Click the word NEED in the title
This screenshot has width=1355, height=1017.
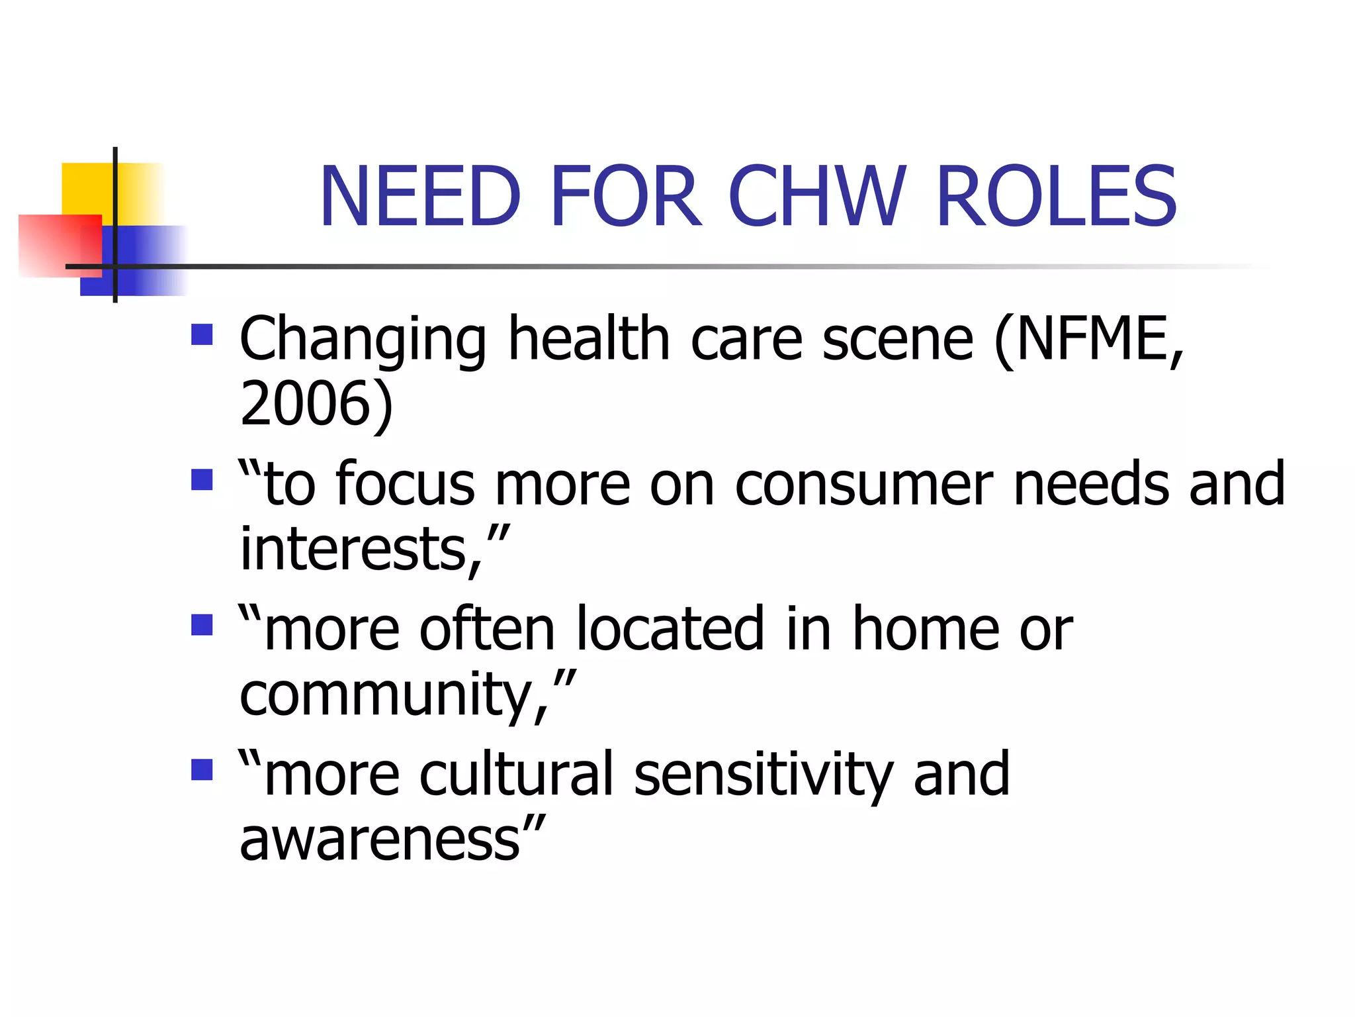click(x=420, y=197)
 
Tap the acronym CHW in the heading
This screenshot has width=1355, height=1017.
click(x=816, y=197)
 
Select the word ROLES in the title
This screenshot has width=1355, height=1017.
click(x=1057, y=197)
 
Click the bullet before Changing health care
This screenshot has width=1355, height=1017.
click(x=202, y=334)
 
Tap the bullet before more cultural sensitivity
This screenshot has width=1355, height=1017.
click(x=202, y=769)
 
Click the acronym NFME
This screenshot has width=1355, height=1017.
click(x=1082, y=339)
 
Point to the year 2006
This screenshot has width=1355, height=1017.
click(x=308, y=404)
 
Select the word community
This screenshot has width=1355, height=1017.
click(x=386, y=695)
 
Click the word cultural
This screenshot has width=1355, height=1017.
click(x=517, y=774)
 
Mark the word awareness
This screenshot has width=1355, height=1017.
click(x=380, y=840)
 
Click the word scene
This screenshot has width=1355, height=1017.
click(x=898, y=339)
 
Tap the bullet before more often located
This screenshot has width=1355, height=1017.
click(x=202, y=624)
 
